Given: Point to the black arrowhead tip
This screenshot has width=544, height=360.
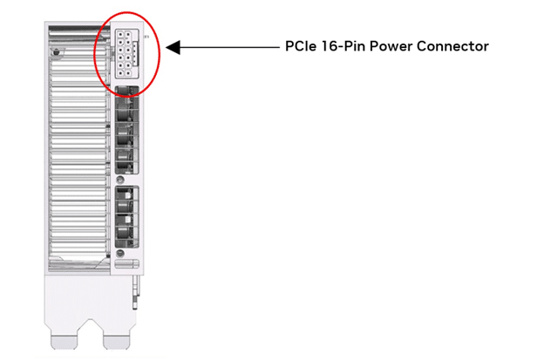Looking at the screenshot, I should tap(168, 47).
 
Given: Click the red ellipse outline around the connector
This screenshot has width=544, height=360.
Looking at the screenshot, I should tap(95, 52).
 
